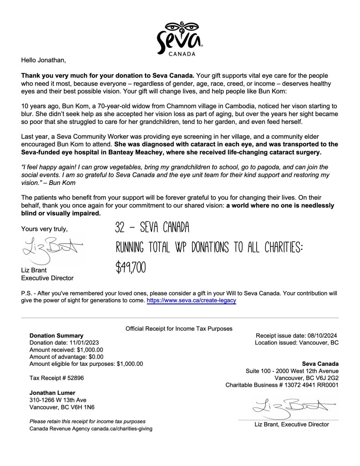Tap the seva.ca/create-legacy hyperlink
(191, 301)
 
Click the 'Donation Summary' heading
(56, 336)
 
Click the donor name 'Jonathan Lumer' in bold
(52, 393)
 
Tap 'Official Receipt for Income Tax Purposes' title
(179, 328)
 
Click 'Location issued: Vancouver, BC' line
(297, 343)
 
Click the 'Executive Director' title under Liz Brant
(47, 278)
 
